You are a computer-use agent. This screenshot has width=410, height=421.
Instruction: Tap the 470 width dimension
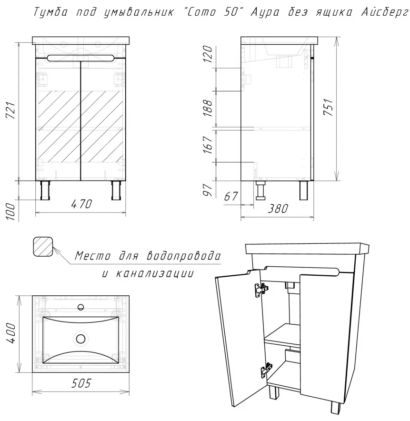(81, 204)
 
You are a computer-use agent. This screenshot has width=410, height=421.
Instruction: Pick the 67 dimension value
(231, 196)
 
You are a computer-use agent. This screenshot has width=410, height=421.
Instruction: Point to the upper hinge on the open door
(260, 289)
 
